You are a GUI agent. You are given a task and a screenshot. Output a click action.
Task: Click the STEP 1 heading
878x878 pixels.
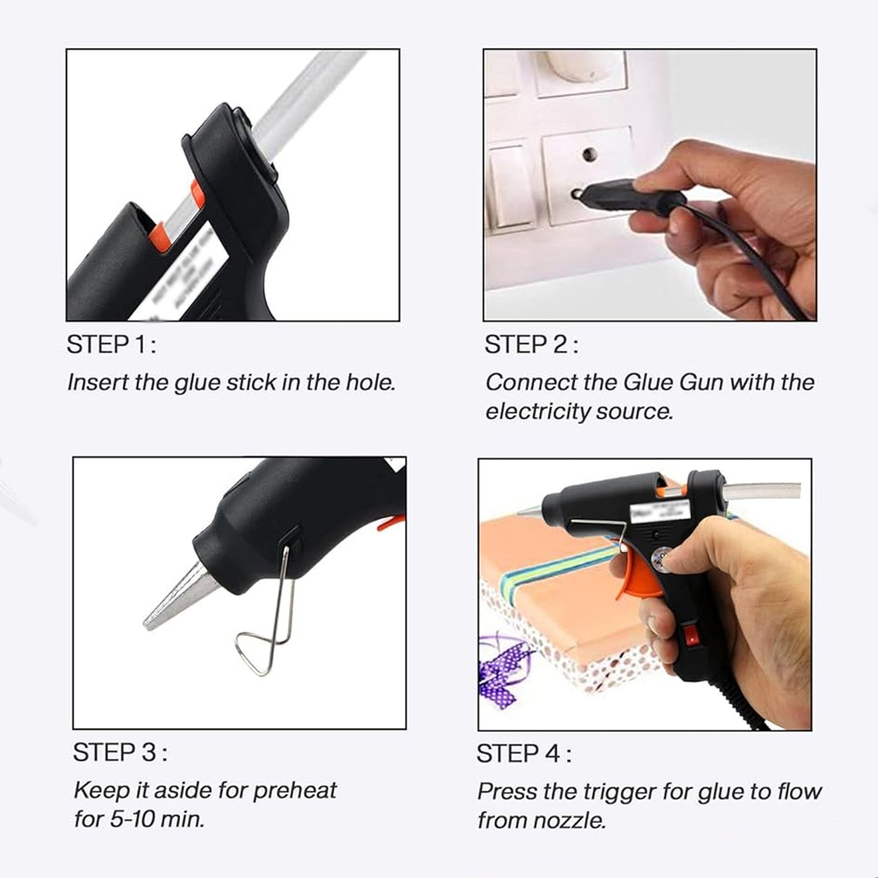[x=111, y=345]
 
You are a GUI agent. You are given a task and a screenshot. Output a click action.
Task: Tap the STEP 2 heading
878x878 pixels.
[x=530, y=345]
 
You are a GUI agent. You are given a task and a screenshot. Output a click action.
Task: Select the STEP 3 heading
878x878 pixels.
[x=120, y=753]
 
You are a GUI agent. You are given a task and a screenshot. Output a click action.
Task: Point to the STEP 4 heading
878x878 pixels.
[x=523, y=754]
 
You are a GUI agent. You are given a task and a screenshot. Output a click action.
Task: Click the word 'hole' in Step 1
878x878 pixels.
[x=369, y=383]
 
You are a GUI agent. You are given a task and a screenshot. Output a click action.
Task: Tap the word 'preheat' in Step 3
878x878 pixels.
[x=294, y=791]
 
